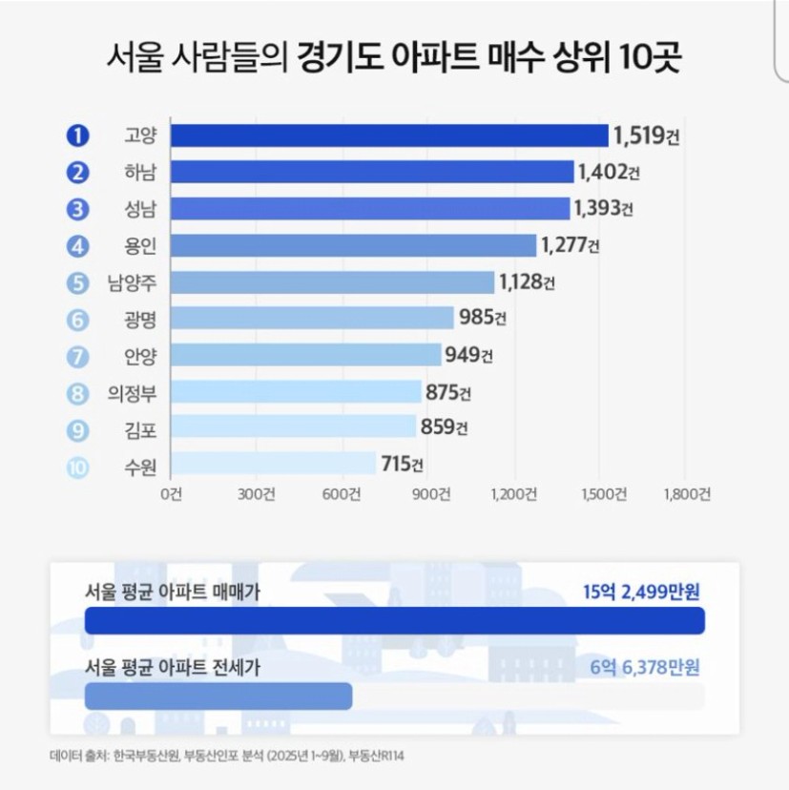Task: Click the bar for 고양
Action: [389, 135]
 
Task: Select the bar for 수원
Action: [273, 465]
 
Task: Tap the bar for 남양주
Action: [332, 282]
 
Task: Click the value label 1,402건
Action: [607, 173]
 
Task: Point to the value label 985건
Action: [481, 319]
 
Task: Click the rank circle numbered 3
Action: [77, 209]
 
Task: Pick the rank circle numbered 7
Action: [77, 356]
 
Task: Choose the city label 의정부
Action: [134, 392]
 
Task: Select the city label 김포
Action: [140, 429]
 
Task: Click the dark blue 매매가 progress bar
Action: [394, 620]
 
